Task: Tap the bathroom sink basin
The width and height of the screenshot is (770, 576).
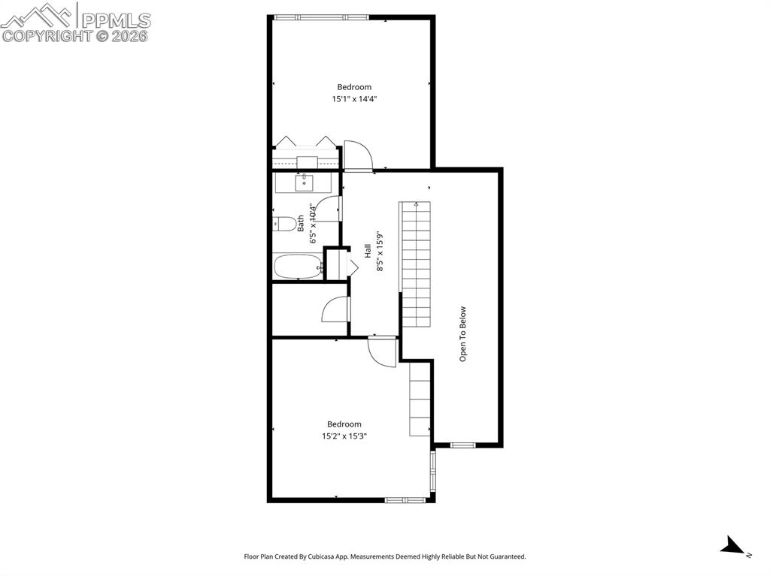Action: (x=305, y=183)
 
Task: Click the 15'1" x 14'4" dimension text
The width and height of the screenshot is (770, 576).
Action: (x=355, y=99)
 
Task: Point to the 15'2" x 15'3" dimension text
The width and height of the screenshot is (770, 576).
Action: (x=344, y=436)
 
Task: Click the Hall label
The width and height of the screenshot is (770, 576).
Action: (x=368, y=252)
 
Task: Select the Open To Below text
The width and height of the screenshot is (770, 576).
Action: (x=462, y=334)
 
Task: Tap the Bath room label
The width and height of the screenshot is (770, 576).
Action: (x=301, y=224)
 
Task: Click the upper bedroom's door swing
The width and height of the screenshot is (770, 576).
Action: (x=359, y=155)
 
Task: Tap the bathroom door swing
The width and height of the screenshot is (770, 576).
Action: (x=328, y=209)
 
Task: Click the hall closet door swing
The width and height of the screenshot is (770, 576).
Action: (x=335, y=309)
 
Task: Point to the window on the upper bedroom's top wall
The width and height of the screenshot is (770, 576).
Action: (x=321, y=17)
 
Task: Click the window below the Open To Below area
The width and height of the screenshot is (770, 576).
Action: (x=463, y=445)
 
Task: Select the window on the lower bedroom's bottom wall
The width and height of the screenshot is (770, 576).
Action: (x=405, y=500)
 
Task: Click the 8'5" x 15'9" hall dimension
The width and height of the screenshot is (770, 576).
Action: (x=380, y=252)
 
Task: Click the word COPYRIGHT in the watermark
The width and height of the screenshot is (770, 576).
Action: (x=47, y=36)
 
